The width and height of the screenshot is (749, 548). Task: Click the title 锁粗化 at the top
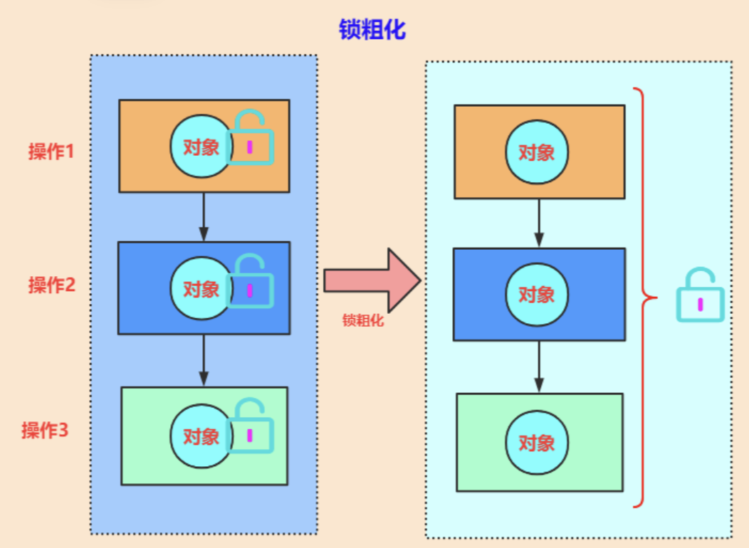tap(372, 30)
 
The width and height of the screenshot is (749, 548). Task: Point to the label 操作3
tap(45, 431)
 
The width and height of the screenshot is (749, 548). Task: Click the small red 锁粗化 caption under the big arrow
tap(363, 321)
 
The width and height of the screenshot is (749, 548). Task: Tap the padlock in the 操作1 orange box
tap(250, 141)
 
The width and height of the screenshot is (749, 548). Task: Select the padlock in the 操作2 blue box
tap(250, 285)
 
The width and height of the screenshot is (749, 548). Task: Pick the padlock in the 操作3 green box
tap(250, 428)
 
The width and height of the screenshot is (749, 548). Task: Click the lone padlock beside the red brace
tap(700, 297)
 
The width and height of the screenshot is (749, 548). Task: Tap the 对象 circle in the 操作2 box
tap(201, 289)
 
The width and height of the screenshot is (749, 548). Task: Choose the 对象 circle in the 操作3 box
tap(201, 436)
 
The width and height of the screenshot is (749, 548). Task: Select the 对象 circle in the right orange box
tap(536, 152)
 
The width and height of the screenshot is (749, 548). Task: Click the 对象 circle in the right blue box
tap(536, 294)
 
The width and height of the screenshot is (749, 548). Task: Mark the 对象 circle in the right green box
tap(536, 442)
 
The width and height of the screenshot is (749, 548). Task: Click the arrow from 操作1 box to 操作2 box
tap(204, 216)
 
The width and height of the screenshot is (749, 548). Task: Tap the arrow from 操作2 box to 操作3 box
tap(204, 360)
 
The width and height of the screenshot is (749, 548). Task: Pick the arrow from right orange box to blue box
tap(539, 223)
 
